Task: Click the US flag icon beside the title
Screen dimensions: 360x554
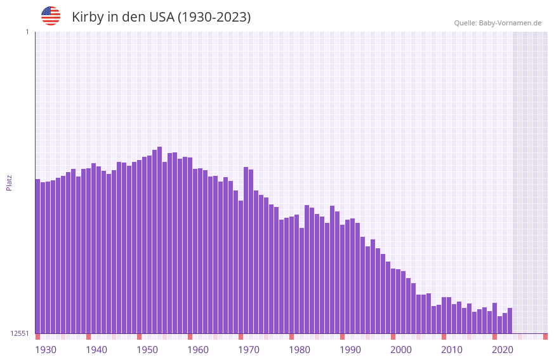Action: (x=51, y=16)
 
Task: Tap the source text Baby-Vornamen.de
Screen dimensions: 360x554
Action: (x=510, y=23)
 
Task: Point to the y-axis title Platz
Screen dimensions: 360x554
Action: (x=9, y=182)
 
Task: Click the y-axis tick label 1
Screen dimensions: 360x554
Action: (x=27, y=32)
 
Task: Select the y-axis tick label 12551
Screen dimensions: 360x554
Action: (x=19, y=333)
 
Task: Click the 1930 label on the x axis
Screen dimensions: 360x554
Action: (x=46, y=350)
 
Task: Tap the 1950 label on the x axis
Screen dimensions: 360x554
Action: (x=147, y=350)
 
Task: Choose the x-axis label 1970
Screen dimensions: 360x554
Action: (x=249, y=350)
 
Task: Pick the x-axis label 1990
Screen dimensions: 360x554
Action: (x=350, y=350)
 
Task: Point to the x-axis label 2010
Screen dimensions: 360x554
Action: (x=452, y=350)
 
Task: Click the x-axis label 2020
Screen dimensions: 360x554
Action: (x=503, y=350)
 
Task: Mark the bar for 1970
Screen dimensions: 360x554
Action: (x=241, y=267)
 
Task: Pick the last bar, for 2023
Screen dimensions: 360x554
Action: (x=510, y=321)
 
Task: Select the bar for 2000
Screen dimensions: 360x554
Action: (x=393, y=301)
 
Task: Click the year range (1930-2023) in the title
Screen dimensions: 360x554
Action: (x=213, y=17)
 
